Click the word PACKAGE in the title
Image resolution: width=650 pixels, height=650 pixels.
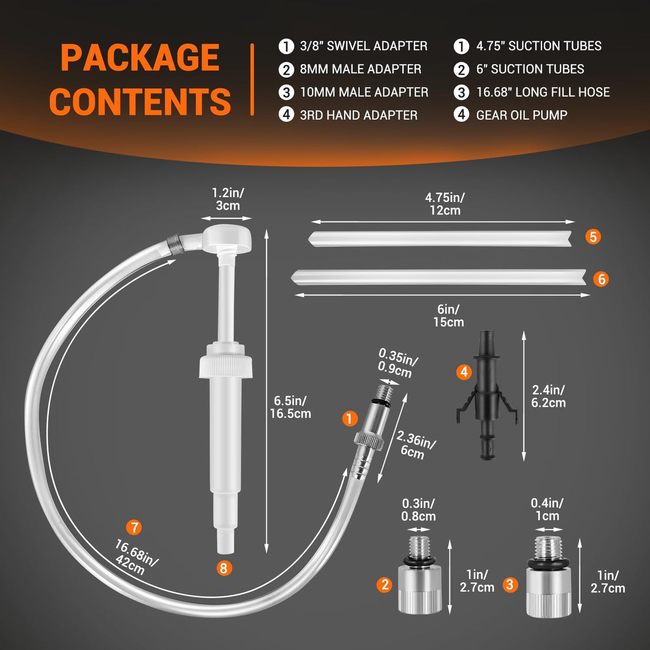(x=140, y=57)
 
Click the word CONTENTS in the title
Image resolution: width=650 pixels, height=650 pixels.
(x=140, y=101)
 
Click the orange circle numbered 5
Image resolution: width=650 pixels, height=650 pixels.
(x=593, y=237)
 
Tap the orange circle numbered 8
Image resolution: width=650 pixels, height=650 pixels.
(x=224, y=568)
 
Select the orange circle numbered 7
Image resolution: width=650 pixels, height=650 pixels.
(x=134, y=527)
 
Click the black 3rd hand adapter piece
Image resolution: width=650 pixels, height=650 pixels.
(x=486, y=395)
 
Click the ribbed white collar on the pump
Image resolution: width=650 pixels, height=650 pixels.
(x=226, y=366)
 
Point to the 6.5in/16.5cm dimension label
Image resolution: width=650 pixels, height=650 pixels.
(x=290, y=407)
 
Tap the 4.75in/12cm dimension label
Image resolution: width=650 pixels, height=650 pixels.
(x=445, y=204)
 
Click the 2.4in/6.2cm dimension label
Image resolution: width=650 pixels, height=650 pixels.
(x=548, y=396)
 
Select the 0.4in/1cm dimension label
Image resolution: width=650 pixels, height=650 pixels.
(x=547, y=509)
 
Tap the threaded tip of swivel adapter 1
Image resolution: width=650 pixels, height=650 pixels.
(x=385, y=393)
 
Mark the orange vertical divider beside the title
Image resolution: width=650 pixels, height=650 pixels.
(x=252, y=80)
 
